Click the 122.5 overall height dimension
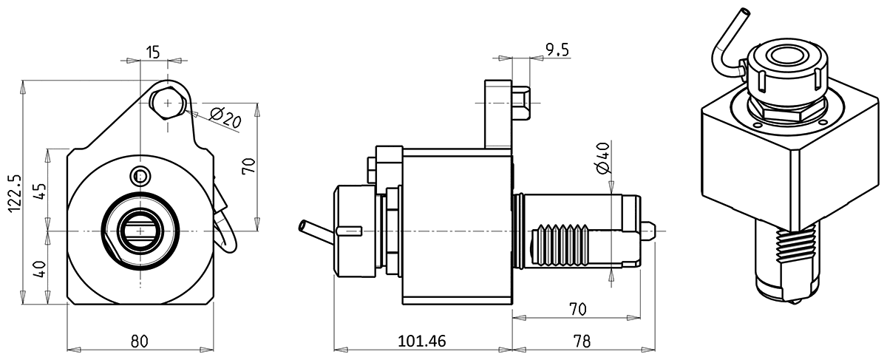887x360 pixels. pyautogui.click(x=14, y=194)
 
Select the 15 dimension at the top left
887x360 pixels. pyautogui.click(x=153, y=52)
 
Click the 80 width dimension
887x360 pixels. pyautogui.click(x=140, y=341)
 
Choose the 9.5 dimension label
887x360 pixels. pyautogui.click(x=557, y=50)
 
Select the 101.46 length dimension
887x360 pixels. pyautogui.click(x=422, y=341)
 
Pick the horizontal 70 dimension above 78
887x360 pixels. pyautogui.click(x=577, y=307)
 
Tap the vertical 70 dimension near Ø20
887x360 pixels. pyautogui.click(x=249, y=166)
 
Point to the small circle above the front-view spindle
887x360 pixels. pyautogui.click(x=140, y=176)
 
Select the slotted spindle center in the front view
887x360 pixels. pyautogui.click(x=140, y=231)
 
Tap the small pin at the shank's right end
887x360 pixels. pyautogui.click(x=648, y=231)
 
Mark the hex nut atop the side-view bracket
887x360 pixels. pyautogui.click(x=521, y=103)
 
